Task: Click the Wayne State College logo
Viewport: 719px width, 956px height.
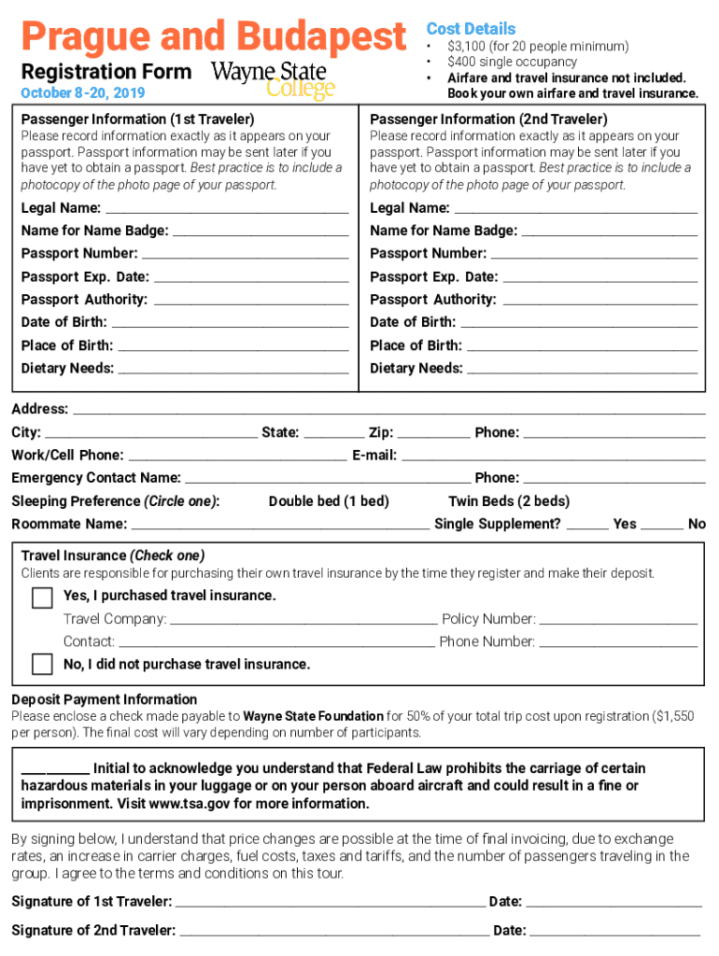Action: coord(273,80)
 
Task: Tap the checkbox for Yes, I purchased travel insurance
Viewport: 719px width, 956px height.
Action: coord(42,597)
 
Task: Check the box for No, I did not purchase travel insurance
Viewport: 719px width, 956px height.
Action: coord(42,664)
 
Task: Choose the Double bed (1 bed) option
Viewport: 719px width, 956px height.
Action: coord(329,501)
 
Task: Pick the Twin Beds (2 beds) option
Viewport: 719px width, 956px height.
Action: coord(509,501)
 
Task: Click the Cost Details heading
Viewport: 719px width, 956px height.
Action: coord(471,29)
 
